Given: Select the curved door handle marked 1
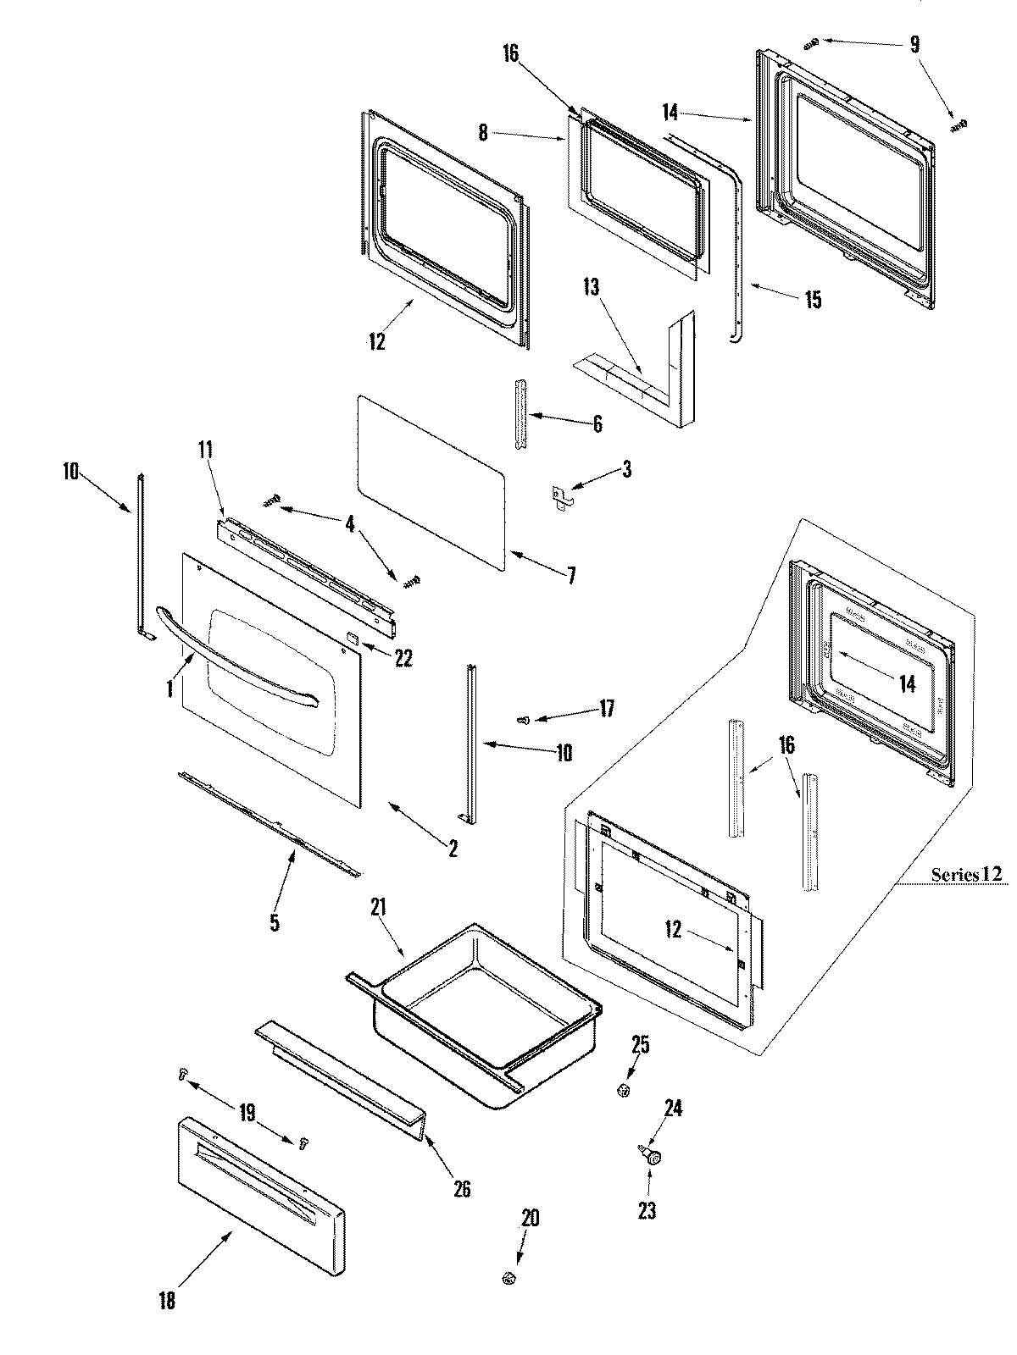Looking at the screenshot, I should pyautogui.click(x=237, y=654).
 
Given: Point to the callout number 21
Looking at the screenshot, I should pyautogui.click(x=378, y=909).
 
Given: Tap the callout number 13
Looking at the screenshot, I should pyautogui.click(x=591, y=287).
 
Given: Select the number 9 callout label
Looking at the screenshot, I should pyautogui.click(x=914, y=44).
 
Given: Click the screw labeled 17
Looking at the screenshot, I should pyautogui.click(x=524, y=720).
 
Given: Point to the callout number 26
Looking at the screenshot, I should pyautogui.click(x=462, y=1188).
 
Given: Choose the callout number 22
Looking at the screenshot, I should pyautogui.click(x=403, y=656).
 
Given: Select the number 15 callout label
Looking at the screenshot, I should pyautogui.click(x=813, y=300).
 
